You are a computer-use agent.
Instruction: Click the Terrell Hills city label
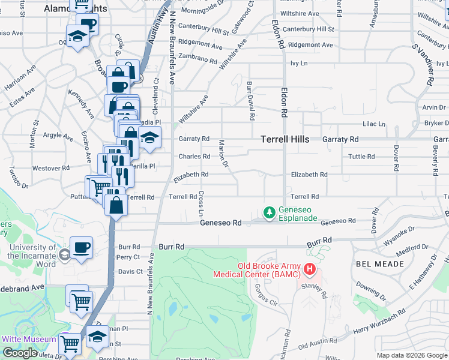tap(285, 139)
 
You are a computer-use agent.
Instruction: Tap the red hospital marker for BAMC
tap(310, 269)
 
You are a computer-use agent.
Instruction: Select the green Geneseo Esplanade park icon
tap(270, 212)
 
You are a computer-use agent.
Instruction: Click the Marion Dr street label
tap(223, 153)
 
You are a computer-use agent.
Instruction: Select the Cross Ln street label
tap(202, 204)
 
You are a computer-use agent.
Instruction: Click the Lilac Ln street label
tap(373, 124)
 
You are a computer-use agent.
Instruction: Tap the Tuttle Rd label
tap(361, 157)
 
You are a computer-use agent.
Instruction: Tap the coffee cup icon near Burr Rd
tap(81, 248)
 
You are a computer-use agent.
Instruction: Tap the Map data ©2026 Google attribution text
tap(411, 355)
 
